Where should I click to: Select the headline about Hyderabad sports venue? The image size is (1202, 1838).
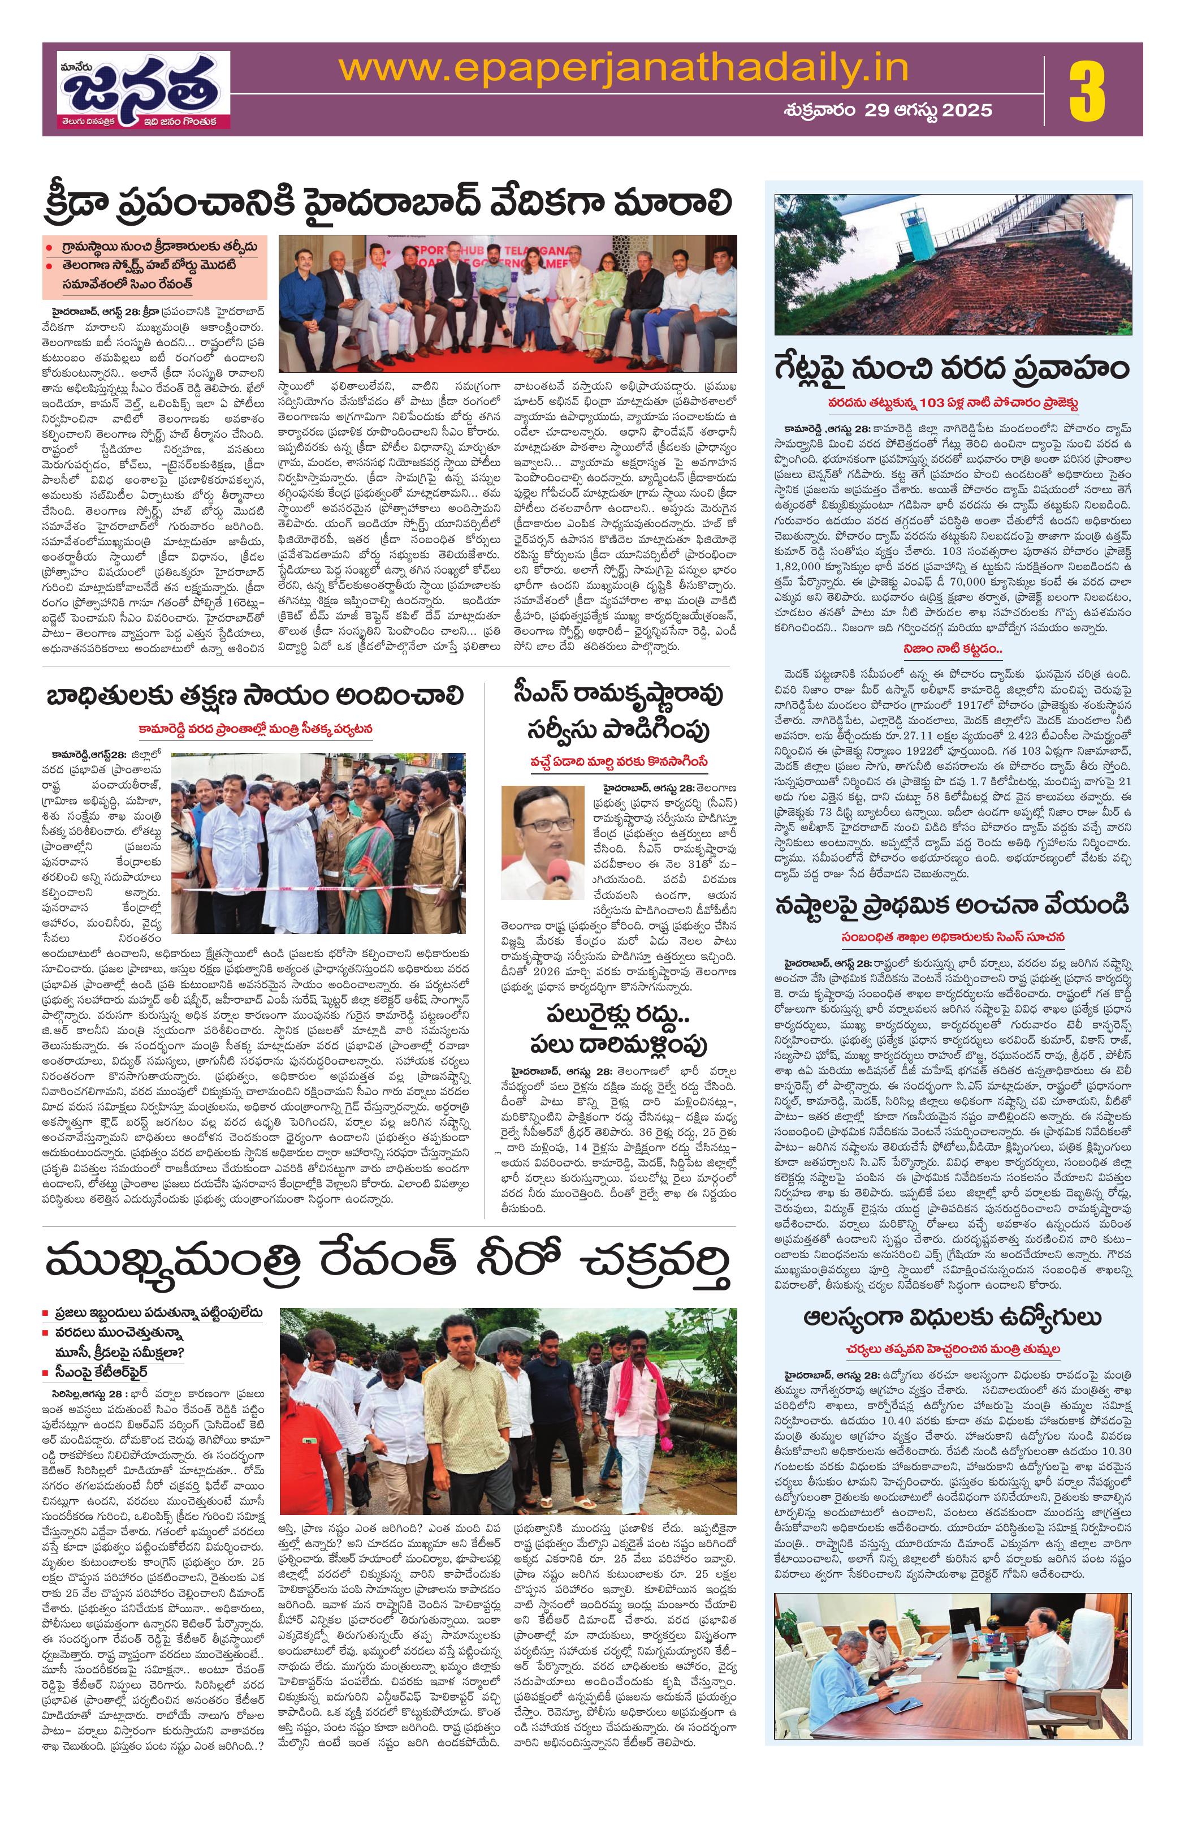coord(387,205)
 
